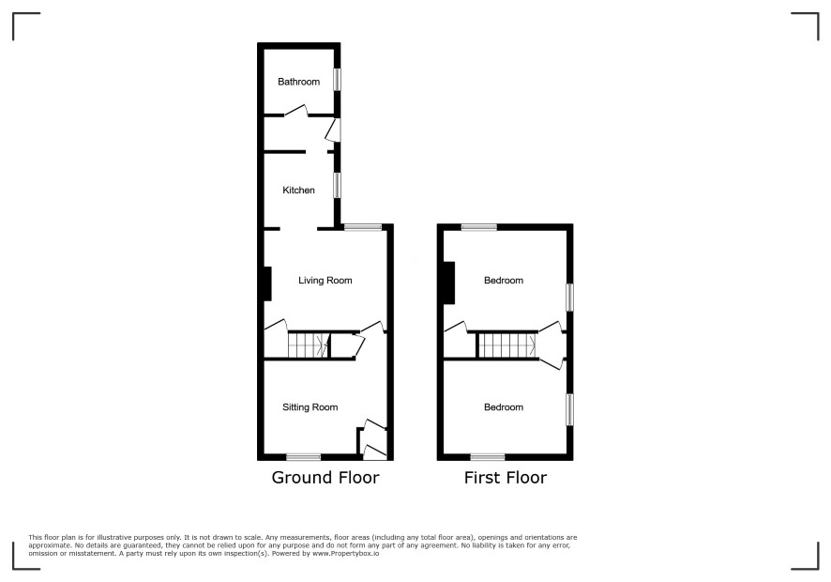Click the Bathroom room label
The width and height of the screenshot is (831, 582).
[298, 82]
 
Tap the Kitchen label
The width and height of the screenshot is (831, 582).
[298, 190]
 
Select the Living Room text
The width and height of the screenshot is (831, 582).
[325, 280]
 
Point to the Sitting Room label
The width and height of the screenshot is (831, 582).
[310, 406]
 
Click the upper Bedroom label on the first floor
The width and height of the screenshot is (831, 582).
[504, 280]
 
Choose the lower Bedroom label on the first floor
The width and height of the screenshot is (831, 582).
[504, 406]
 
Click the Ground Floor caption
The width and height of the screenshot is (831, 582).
[325, 478]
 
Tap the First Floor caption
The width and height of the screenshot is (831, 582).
[505, 478]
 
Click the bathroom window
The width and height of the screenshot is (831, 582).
[337, 80]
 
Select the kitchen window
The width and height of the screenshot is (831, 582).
[337, 186]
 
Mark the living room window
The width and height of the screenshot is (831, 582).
[363, 227]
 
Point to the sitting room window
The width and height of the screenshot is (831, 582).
[304, 457]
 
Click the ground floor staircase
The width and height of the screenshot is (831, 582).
[309, 345]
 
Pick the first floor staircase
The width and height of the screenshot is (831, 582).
[507, 345]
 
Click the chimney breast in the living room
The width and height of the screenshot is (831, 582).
[267, 283]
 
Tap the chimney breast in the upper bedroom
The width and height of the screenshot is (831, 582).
[449, 283]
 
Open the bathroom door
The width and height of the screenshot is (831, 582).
[296, 111]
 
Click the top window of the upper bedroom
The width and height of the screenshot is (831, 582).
[479, 227]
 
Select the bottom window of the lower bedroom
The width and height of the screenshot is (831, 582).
[488, 457]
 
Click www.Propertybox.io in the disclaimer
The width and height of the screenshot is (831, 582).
[345, 553]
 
